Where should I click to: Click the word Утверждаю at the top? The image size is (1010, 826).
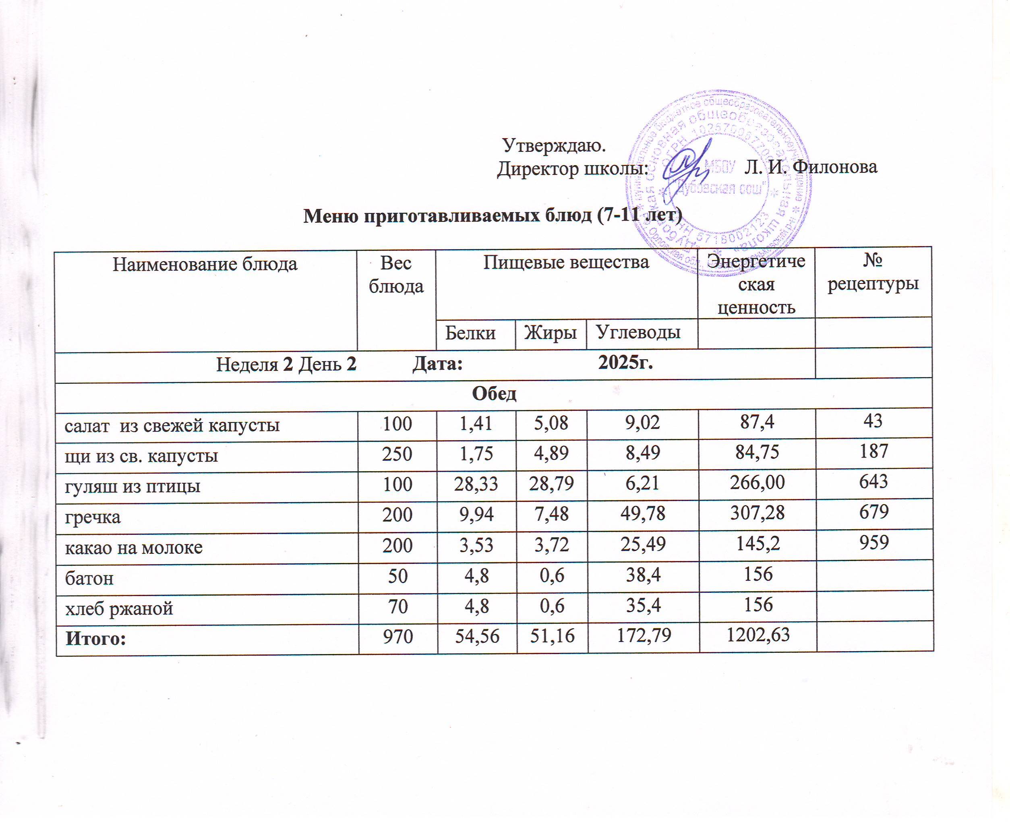click(554, 146)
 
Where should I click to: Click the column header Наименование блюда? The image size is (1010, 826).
click(205, 264)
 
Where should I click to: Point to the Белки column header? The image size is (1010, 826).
click(470, 333)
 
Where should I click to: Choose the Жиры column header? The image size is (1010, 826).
click(551, 333)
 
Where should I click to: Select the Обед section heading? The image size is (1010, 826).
click(494, 393)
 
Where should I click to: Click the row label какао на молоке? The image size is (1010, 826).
click(134, 547)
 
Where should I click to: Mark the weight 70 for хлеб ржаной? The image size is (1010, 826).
click(398, 606)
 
